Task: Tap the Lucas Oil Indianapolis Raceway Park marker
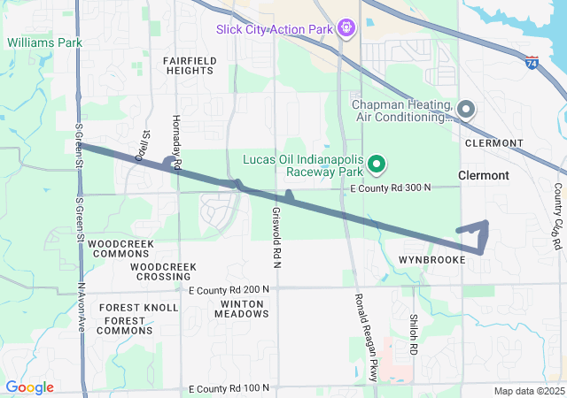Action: click(376, 163)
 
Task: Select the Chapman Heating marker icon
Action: click(467, 110)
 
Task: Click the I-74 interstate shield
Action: click(531, 63)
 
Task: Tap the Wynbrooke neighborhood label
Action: click(425, 260)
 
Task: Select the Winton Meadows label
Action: click(238, 309)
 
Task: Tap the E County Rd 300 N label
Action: click(390, 188)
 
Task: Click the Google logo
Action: click(29, 387)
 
